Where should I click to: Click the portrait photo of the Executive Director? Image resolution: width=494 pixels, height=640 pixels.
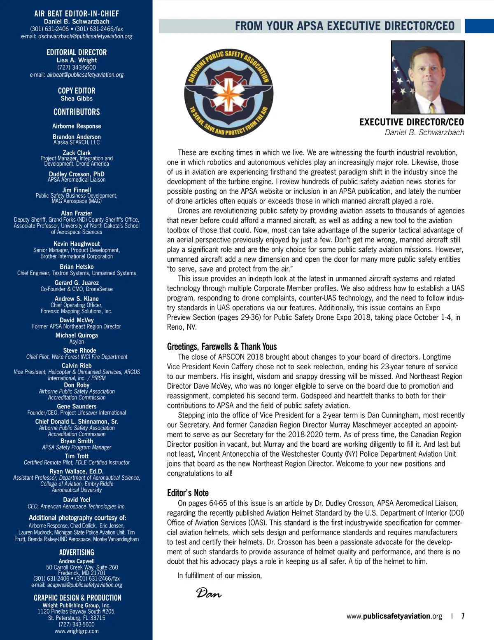click(428, 77)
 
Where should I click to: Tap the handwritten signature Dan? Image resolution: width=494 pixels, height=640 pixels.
click(209, 593)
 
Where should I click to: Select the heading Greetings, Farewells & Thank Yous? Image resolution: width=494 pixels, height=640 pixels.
click(221, 347)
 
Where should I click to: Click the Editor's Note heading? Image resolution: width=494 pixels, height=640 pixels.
click(188, 493)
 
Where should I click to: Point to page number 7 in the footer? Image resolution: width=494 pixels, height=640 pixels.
click(463, 616)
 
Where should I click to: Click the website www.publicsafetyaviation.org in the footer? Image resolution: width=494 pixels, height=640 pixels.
click(394, 616)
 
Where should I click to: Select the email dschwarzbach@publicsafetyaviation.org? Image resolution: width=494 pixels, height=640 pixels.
click(85, 36)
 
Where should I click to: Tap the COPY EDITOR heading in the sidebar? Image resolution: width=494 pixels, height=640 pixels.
click(77, 91)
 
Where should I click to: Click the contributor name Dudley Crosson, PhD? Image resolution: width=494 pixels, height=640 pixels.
click(77, 174)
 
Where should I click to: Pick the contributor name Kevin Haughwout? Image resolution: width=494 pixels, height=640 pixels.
click(77, 244)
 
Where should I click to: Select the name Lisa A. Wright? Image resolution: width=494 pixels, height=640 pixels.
click(77, 60)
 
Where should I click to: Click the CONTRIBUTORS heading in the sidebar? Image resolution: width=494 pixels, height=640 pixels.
click(77, 112)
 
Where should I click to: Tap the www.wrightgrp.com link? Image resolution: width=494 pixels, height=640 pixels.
click(77, 631)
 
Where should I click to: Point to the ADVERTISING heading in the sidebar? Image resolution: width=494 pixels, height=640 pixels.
click(77, 552)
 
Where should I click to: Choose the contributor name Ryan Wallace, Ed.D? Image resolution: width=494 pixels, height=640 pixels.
click(77, 471)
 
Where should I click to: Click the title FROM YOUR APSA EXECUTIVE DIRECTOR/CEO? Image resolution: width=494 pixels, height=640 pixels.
click(345, 26)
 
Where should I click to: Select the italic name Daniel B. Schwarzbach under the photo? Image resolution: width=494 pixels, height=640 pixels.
click(424, 132)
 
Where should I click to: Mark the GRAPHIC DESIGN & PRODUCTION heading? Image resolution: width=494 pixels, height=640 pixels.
click(77, 598)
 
